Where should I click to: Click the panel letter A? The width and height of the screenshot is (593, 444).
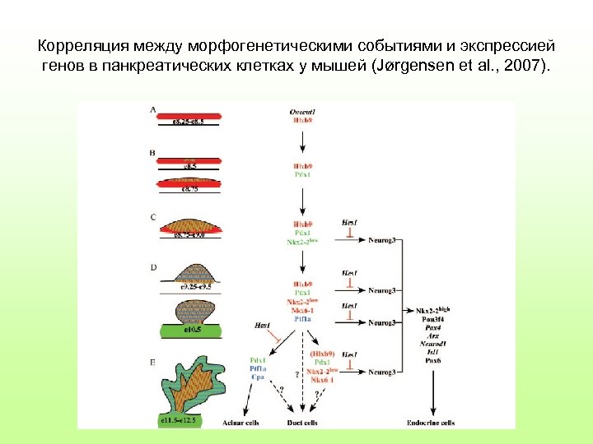coord(153,109)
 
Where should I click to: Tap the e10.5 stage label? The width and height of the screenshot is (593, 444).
coord(194,330)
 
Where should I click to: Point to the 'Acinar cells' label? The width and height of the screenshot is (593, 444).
coord(242,423)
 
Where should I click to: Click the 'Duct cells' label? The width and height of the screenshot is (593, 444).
coord(303,423)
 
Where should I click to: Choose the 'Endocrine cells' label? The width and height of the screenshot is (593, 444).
coord(431,423)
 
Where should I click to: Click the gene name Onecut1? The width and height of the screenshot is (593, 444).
coord(303,110)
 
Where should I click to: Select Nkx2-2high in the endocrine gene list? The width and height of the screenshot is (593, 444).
coord(432,310)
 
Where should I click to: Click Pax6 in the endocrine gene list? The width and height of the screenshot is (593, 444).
coord(432,359)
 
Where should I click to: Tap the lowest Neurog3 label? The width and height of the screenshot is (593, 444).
coord(383,372)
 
